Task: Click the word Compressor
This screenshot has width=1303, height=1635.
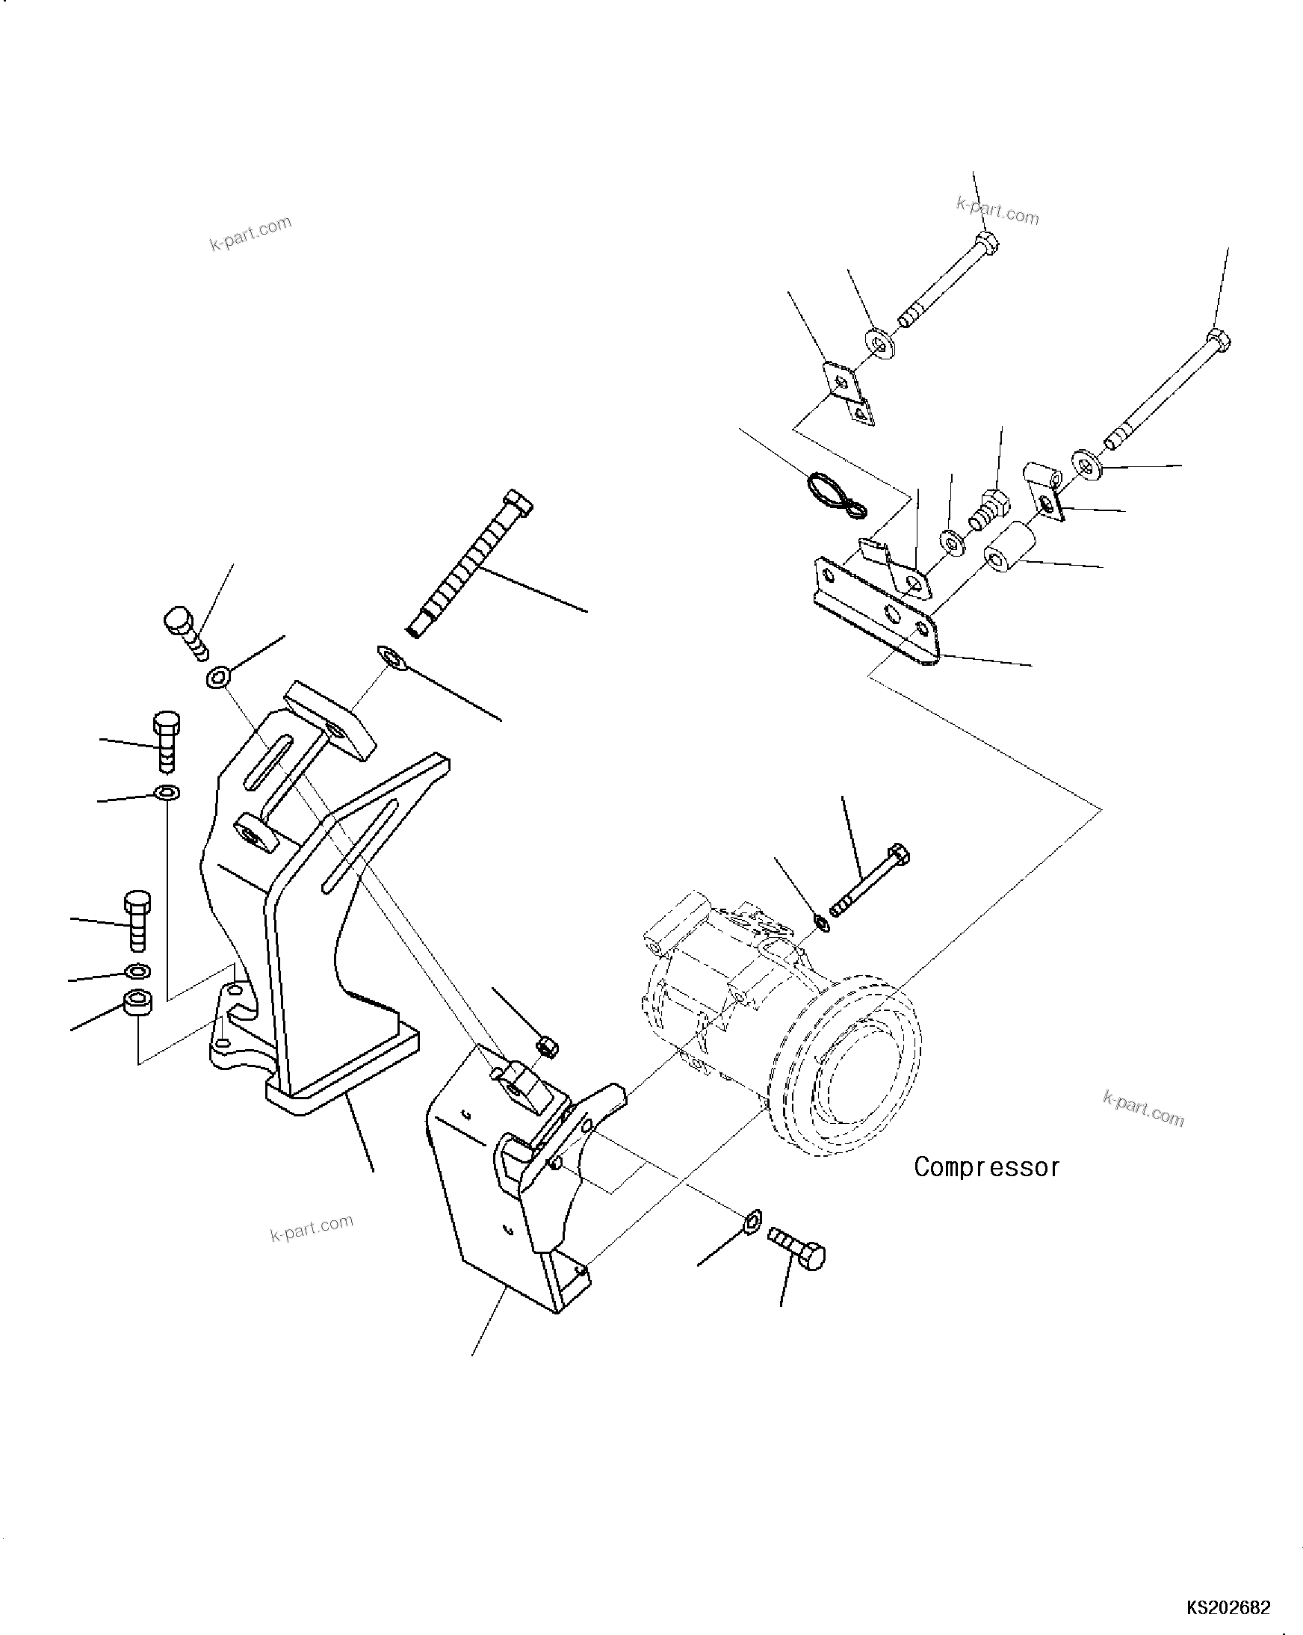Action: click(986, 1166)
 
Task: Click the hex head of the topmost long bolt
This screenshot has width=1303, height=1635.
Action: click(985, 243)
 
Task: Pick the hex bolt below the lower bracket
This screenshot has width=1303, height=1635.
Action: click(798, 1258)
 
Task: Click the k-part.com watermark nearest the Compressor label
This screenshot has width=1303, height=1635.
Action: click(1143, 1110)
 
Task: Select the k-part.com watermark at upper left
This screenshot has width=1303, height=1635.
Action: click(250, 232)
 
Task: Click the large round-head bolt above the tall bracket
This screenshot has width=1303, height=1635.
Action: click(183, 628)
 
